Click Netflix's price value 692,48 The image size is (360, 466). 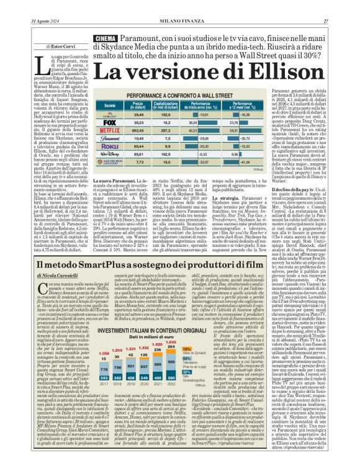click(138, 131)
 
